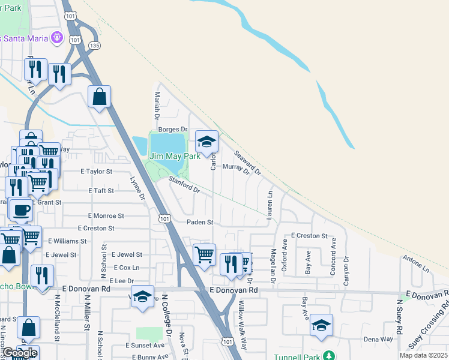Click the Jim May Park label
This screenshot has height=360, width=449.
(x=174, y=156)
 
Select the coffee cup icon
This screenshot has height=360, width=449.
(x=22, y=210)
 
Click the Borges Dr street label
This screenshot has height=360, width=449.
(x=173, y=130)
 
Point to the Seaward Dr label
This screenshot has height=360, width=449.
(x=247, y=163)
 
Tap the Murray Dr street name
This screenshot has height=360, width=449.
(x=235, y=170)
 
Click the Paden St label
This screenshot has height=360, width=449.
(x=200, y=222)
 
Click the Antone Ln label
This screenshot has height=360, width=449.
(x=416, y=265)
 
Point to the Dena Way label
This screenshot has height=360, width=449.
(x=378, y=339)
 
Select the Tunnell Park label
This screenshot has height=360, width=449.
(x=298, y=357)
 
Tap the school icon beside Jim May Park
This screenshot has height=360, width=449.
(x=206, y=142)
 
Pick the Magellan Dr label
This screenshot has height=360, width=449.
(x=273, y=266)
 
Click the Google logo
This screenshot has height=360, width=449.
(x=19, y=353)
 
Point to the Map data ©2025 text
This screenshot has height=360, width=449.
(x=423, y=355)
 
